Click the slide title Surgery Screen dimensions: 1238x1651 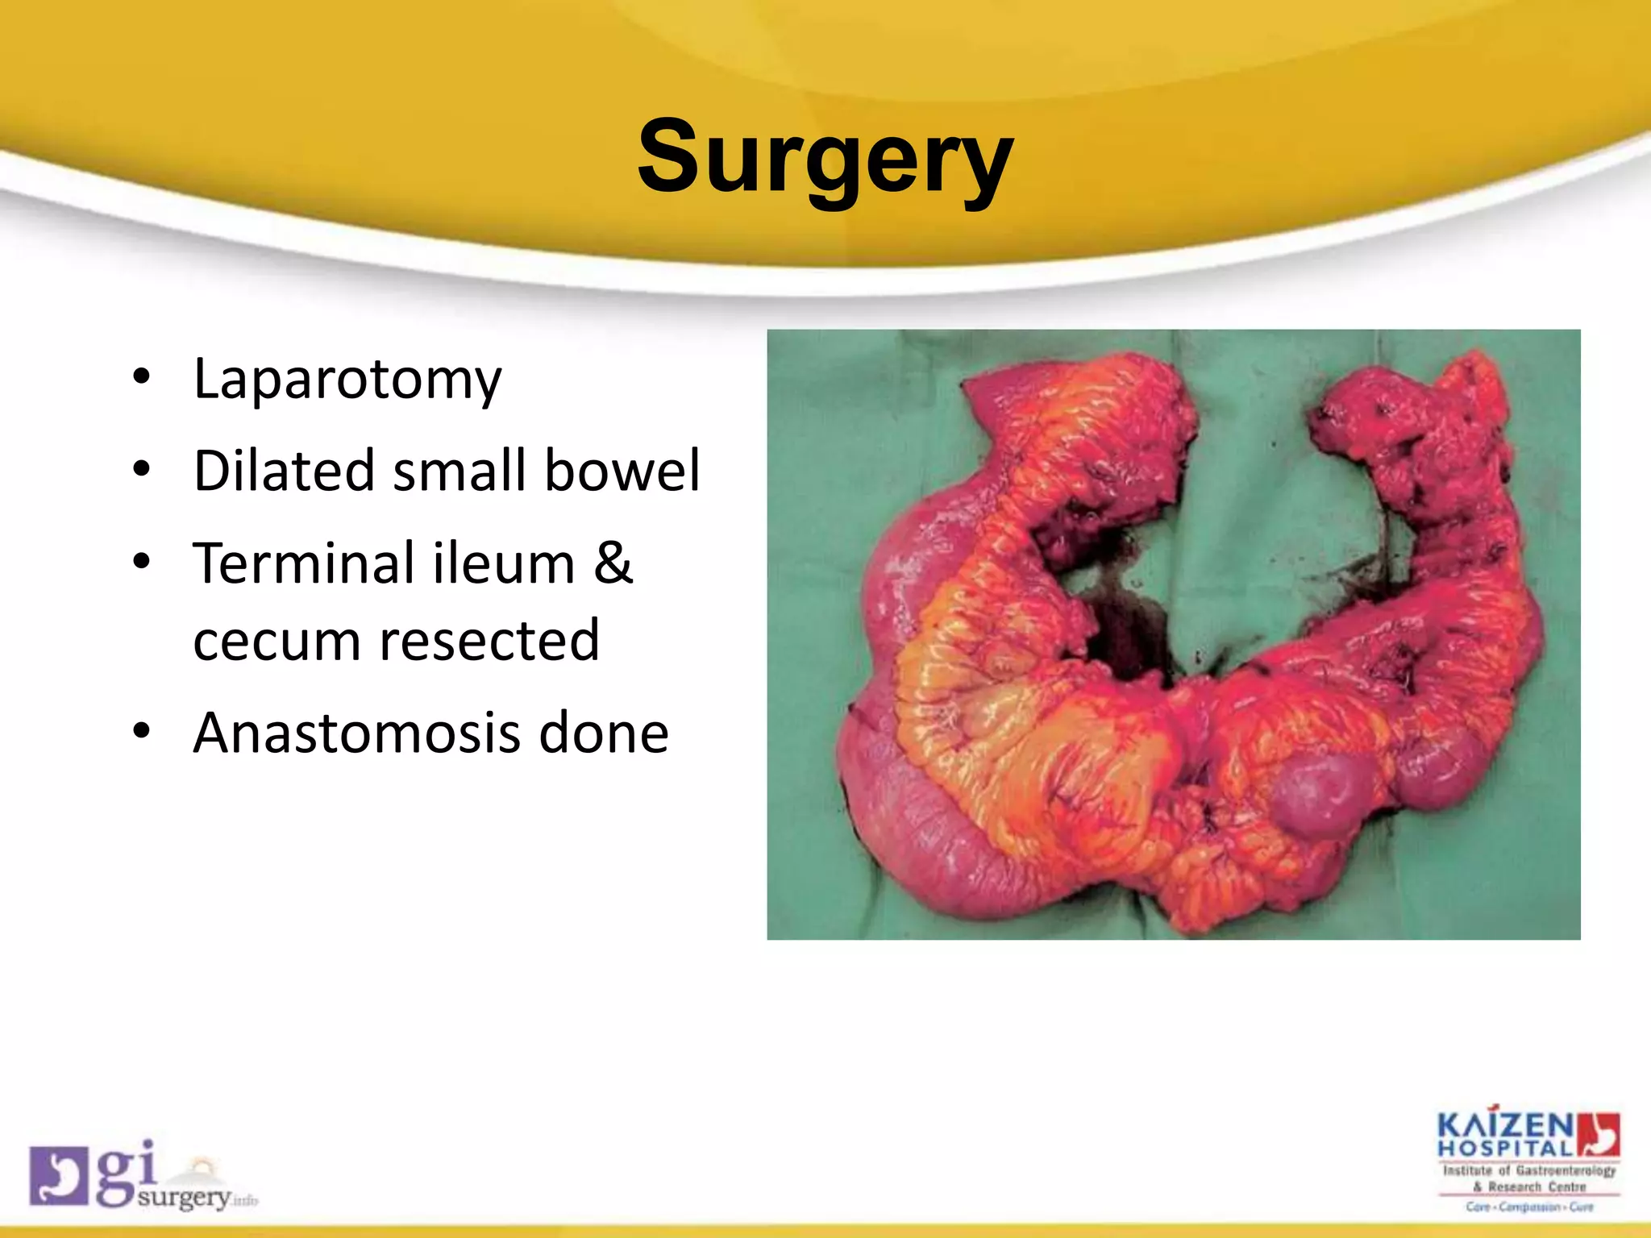point(824,157)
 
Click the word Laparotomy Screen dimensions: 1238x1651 point(347,380)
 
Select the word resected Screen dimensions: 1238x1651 point(489,641)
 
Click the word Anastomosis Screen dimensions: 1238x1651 point(357,733)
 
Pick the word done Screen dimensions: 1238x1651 point(603,733)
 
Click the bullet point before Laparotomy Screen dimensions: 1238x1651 point(142,377)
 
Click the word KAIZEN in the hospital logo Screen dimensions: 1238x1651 point(1505,1125)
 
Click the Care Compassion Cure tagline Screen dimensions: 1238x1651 point(1529,1207)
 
